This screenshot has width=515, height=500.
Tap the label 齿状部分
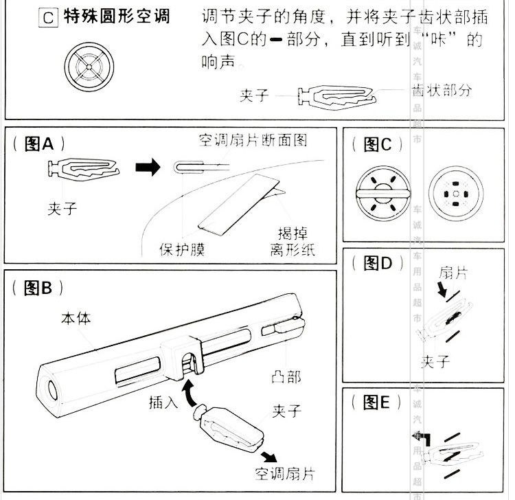tap(442, 90)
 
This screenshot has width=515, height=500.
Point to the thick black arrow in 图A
tap(148, 168)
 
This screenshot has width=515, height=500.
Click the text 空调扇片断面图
tap(251, 141)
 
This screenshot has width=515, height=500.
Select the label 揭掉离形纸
tap(292, 241)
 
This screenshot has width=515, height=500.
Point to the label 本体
tap(76, 319)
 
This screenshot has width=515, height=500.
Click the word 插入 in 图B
tap(164, 402)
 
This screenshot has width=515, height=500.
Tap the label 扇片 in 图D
tap(453, 273)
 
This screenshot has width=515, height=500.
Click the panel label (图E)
tap(376, 402)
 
